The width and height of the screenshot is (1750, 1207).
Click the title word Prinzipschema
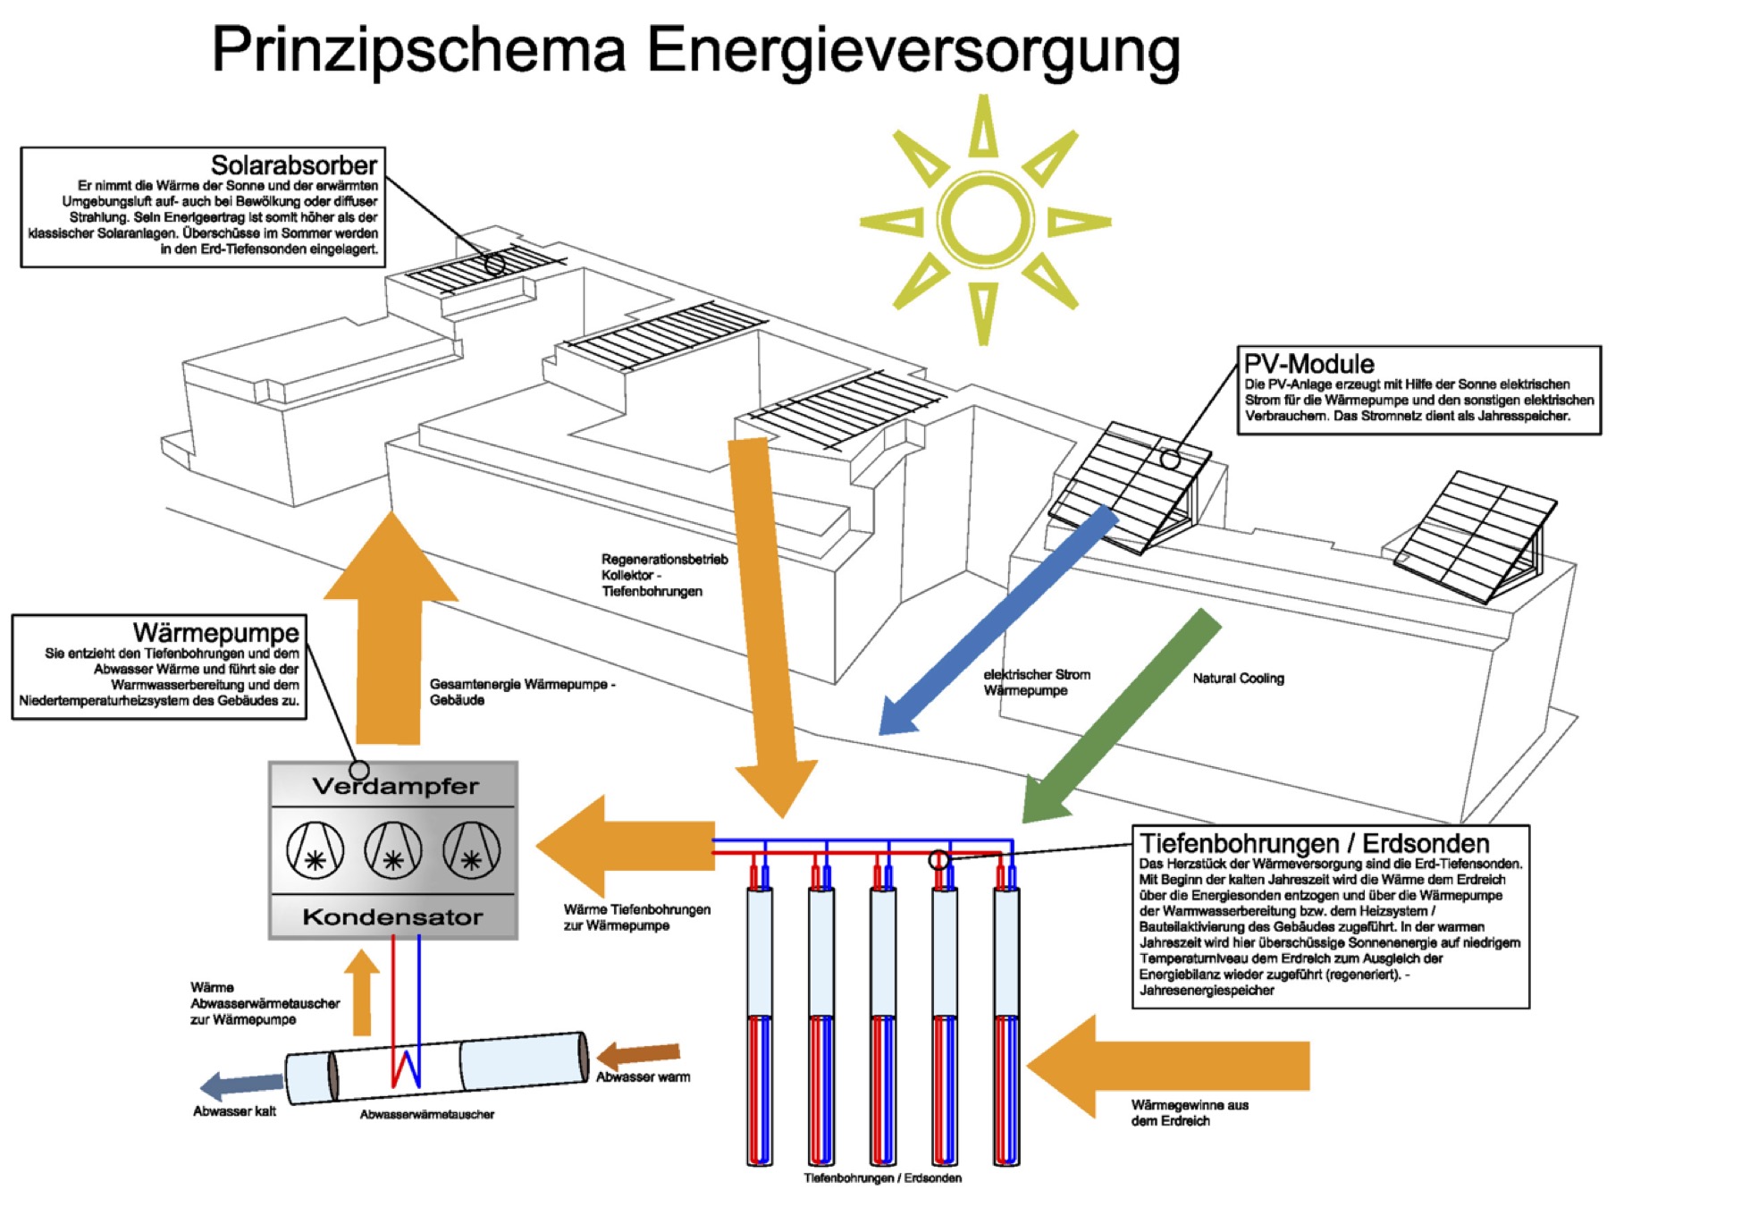418,50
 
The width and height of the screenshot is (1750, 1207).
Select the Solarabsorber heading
293,165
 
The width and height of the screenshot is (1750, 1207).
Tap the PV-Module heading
1308,364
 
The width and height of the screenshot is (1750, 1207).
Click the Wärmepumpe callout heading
215,633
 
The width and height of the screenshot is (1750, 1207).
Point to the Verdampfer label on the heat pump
395,787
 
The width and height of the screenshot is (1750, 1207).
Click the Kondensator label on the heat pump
392,917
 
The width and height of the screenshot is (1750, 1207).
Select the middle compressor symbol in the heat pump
392,850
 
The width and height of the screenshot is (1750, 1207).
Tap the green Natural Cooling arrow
1122,715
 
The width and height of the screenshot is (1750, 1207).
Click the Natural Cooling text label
1238,679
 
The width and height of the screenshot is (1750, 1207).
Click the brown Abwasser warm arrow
639,1055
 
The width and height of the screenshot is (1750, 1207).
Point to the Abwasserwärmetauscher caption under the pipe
426,1115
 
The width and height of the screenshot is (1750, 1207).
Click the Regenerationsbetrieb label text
664,560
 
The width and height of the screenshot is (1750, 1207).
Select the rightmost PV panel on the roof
1475,536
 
